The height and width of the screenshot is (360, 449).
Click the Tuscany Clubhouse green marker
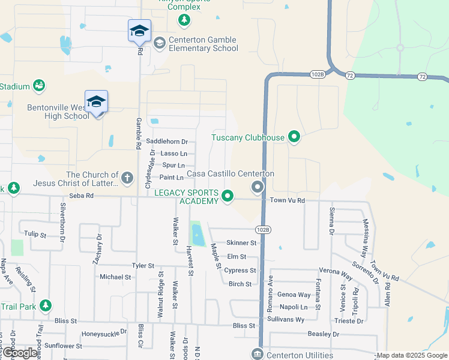click(x=294, y=137)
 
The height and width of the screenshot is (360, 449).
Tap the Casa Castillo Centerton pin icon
click(x=258, y=188)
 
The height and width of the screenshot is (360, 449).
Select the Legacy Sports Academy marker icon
click(x=228, y=196)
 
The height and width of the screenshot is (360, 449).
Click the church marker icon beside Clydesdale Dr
click(x=127, y=178)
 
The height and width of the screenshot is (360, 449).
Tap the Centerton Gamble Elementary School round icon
click(x=160, y=43)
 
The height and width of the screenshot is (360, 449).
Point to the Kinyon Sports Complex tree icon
click(x=184, y=21)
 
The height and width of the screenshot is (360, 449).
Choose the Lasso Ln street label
click(x=174, y=154)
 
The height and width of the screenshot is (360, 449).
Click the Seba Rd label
click(x=81, y=196)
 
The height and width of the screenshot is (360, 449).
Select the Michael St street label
click(x=115, y=277)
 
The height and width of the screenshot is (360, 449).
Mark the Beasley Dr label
click(x=323, y=334)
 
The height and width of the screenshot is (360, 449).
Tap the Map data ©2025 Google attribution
click(x=411, y=355)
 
